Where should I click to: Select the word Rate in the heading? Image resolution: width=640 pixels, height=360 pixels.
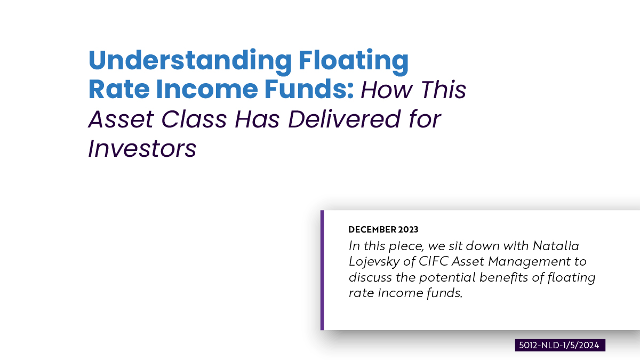[x=119, y=89]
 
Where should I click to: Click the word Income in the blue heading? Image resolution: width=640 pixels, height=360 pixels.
[x=207, y=89]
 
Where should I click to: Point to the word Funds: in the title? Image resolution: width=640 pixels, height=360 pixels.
[x=309, y=89]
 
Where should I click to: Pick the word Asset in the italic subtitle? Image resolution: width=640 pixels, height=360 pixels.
[x=121, y=119]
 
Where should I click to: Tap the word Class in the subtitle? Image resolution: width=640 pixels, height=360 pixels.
[x=194, y=119]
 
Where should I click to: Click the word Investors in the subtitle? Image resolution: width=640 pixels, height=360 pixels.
[x=142, y=149]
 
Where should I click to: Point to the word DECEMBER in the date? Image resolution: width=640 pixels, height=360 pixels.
[x=372, y=229]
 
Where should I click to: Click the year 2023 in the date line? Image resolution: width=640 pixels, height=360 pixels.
[x=409, y=229]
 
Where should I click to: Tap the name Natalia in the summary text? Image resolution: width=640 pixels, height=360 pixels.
[x=556, y=246]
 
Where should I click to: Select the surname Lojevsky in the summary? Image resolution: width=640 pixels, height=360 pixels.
[x=374, y=262]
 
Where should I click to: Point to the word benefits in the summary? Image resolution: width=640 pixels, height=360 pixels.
[x=503, y=277]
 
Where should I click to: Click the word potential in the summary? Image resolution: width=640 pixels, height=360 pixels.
[x=447, y=278]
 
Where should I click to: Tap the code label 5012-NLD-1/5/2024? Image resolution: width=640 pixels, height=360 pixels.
[x=560, y=345]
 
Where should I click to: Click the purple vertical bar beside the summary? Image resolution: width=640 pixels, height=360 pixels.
[x=322, y=270]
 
